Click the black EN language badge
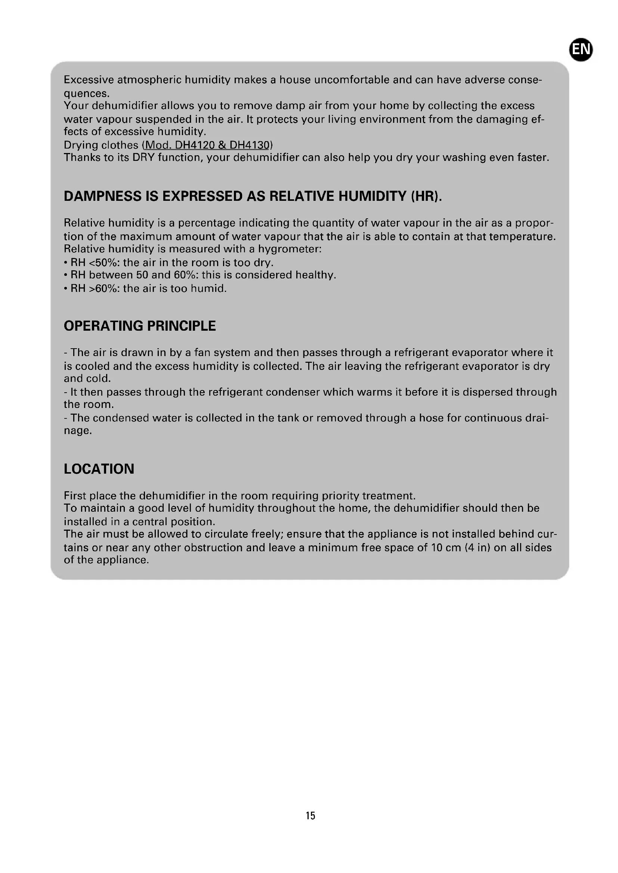[x=581, y=49]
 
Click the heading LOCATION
[x=99, y=469]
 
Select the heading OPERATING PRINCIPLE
[x=140, y=326]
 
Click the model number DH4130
[x=249, y=145]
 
